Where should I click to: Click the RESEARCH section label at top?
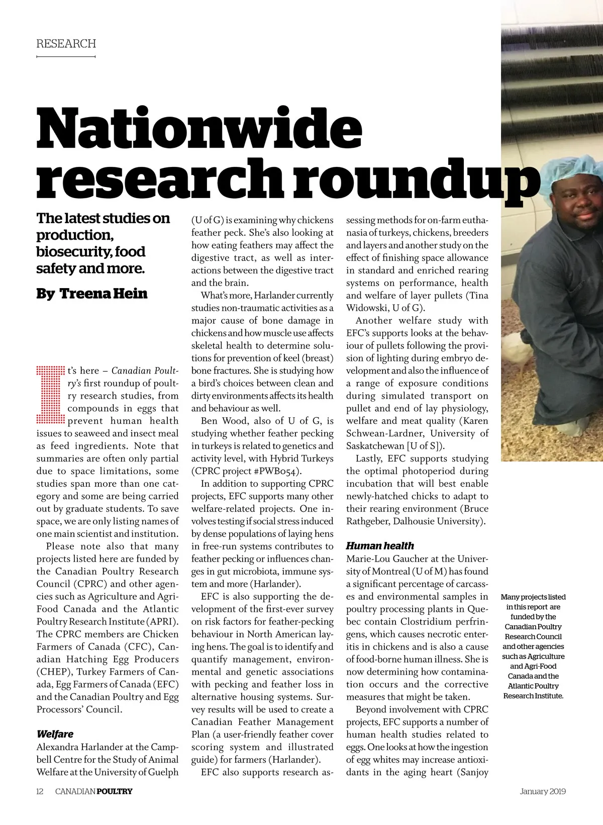66,44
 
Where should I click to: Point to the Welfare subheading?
55,734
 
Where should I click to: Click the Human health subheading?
380,545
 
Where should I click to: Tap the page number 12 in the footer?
40,791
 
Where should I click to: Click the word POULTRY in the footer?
115,791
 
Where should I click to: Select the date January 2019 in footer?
543,791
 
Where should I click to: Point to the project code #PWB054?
279,471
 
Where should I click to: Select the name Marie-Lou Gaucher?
387,559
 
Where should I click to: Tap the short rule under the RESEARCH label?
66,57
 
